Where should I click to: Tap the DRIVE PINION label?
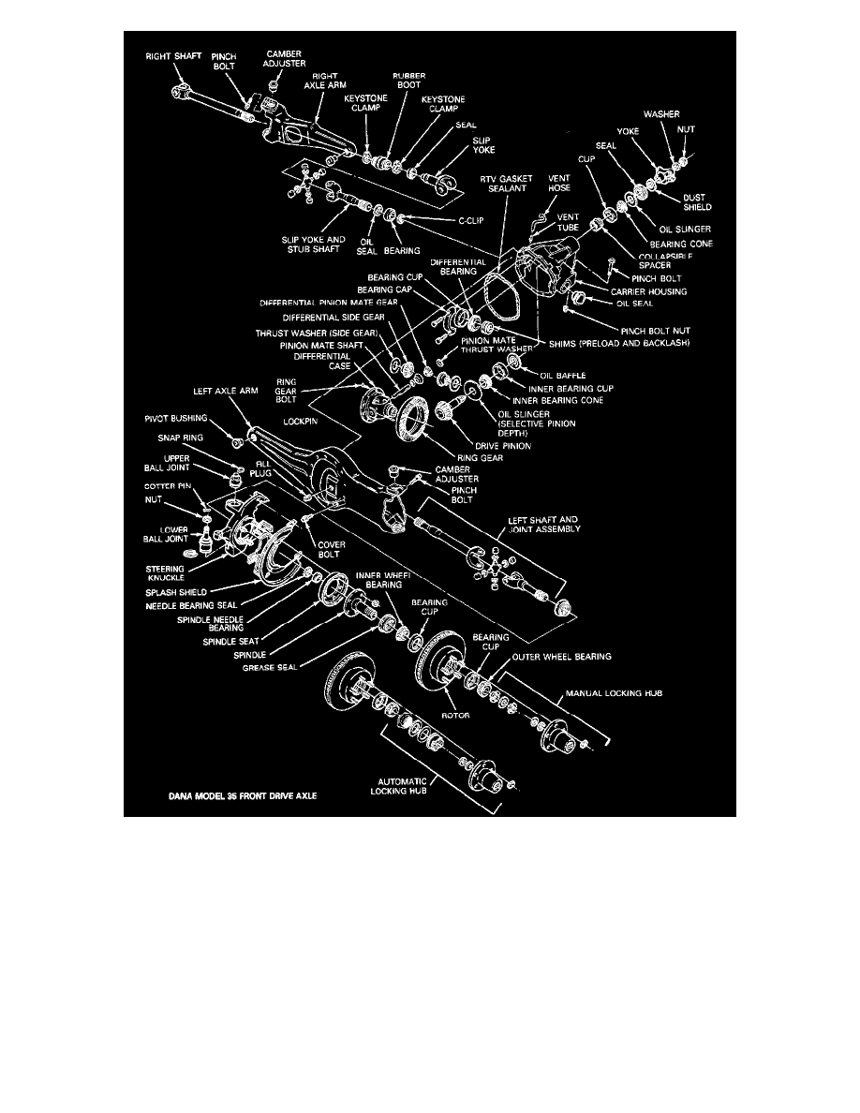point(504,445)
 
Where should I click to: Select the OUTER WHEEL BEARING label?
point(561,657)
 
